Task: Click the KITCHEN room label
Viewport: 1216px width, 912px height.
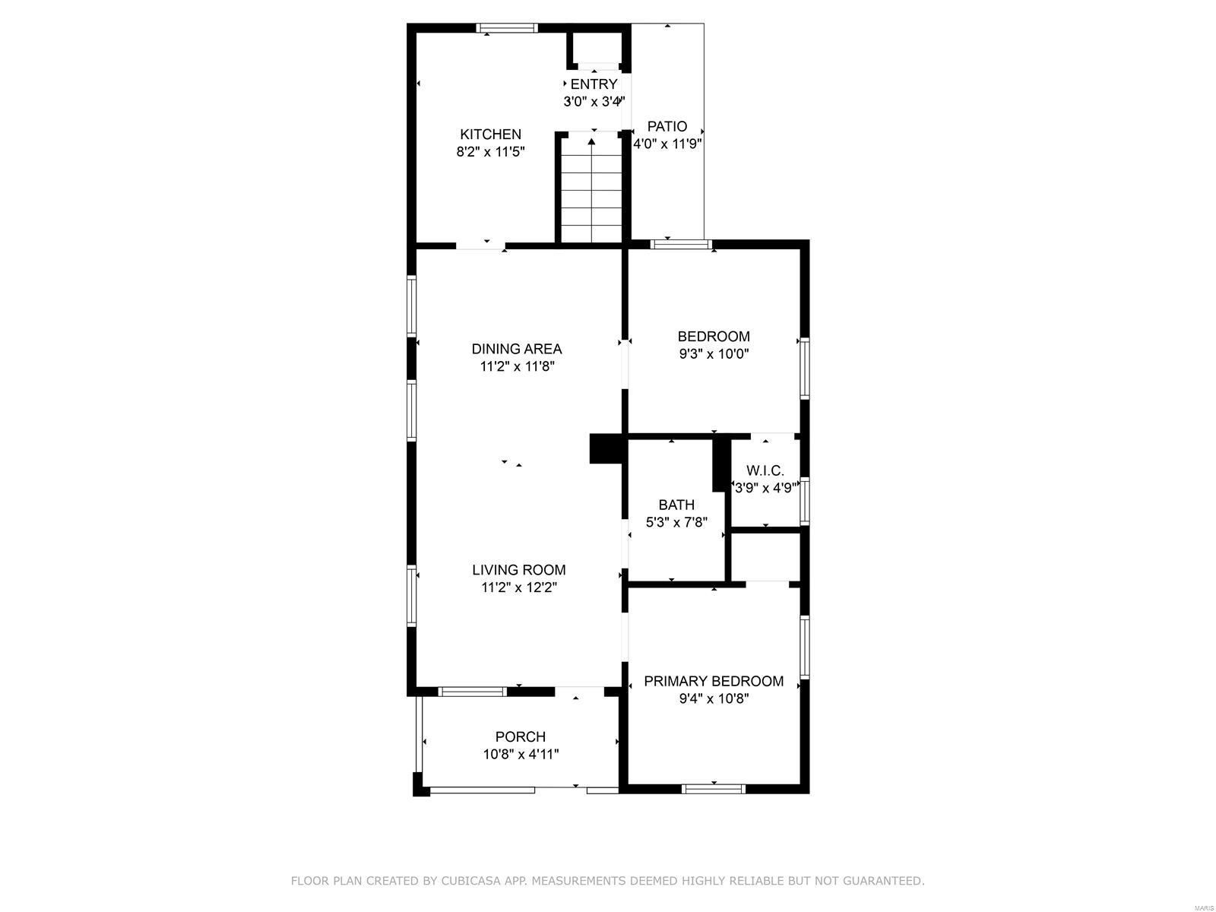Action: point(490,134)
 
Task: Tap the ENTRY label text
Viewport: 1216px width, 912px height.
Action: point(594,84)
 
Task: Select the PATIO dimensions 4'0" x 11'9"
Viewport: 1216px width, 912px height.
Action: point(667,144)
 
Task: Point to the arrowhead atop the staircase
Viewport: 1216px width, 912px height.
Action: point(591,142)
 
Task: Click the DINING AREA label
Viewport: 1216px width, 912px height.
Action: point(516,349)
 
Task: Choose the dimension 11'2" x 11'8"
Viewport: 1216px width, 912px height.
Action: point(517,366)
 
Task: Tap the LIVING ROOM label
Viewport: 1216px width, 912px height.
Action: point(518,570)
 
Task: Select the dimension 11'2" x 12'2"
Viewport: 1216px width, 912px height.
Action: point(518,587)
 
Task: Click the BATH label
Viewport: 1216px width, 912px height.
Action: point(676,505)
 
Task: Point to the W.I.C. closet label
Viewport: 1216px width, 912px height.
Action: point(765,470)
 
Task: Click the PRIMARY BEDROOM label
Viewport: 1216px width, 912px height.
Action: point(714,681)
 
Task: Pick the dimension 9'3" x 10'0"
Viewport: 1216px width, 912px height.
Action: point(714,353)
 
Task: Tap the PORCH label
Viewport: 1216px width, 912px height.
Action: point(520,736)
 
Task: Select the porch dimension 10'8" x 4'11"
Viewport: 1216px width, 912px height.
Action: point(520,754)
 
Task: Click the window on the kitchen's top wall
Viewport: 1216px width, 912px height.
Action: point(507,27)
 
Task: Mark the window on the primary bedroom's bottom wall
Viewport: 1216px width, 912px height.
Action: point(714,789)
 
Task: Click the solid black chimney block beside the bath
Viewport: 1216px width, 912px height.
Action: point(607,448)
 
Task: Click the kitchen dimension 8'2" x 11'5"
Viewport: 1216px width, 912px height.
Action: point(490,152)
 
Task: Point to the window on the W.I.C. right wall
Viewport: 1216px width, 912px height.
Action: point(805,501)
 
